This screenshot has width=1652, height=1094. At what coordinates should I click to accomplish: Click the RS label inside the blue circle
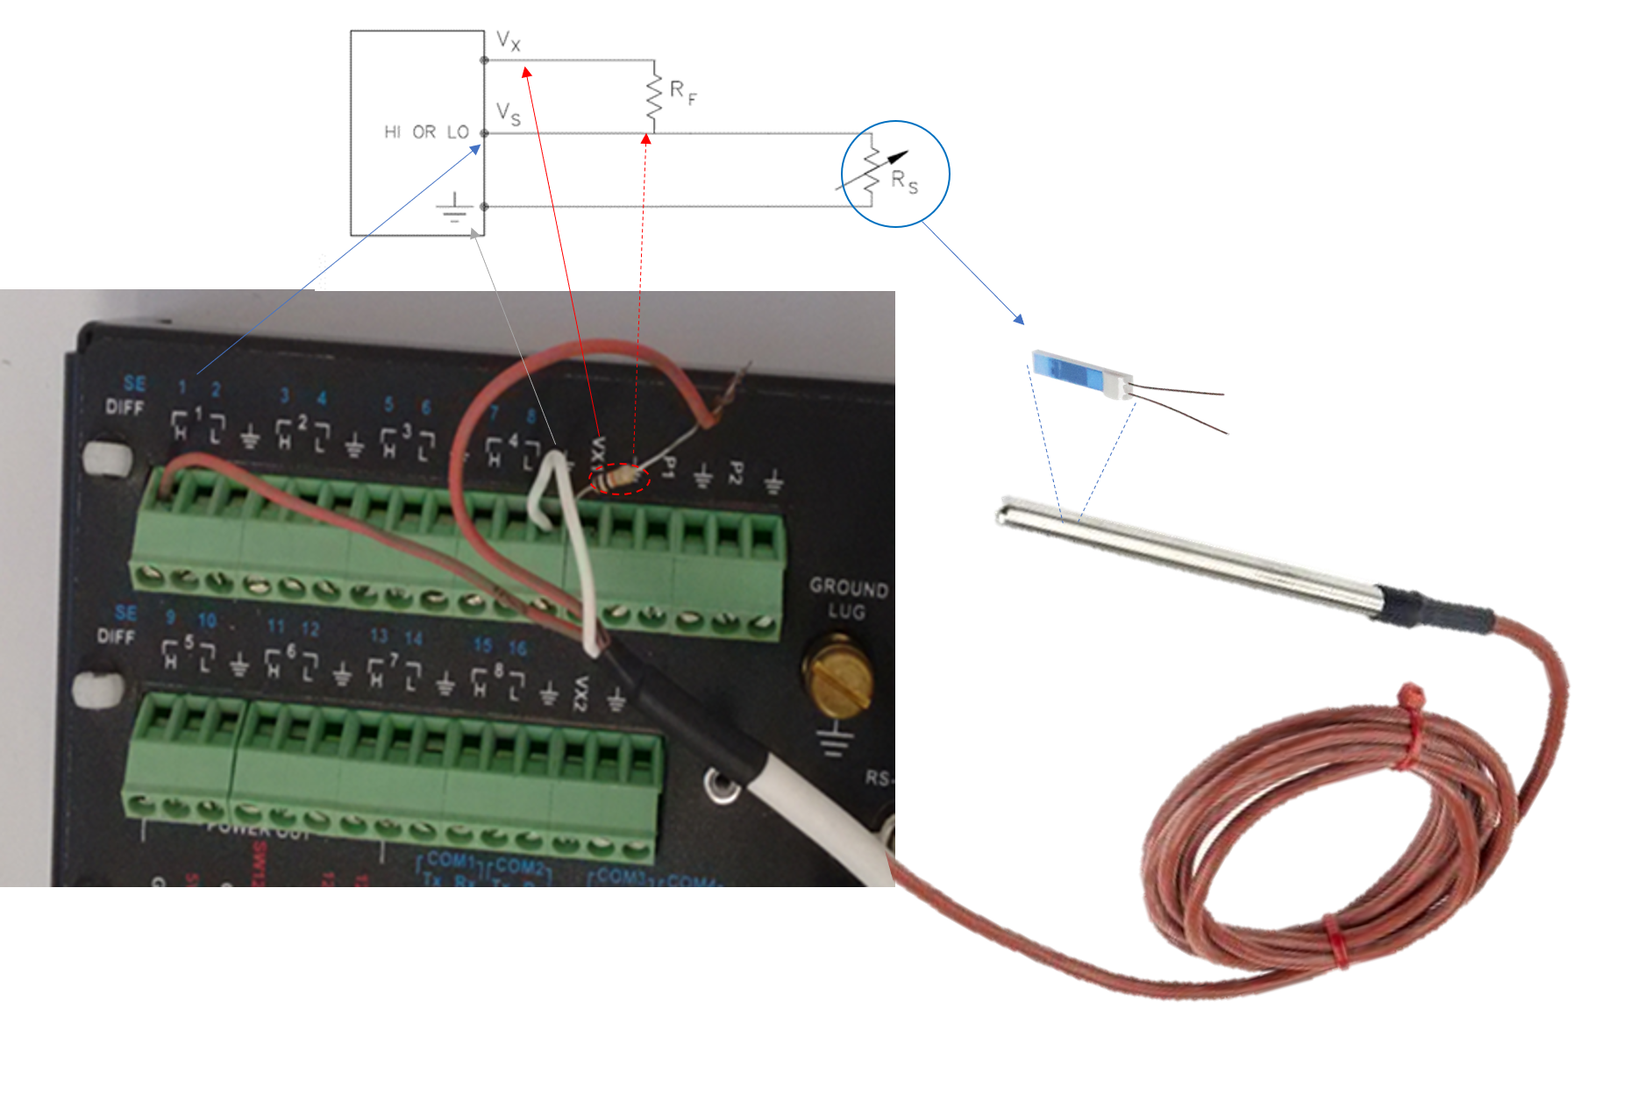click(x=904, y=181)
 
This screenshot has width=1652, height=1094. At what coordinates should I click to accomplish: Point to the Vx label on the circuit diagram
click(x=509, y=40)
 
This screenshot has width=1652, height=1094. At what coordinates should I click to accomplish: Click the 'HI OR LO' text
click(x=426, y=132)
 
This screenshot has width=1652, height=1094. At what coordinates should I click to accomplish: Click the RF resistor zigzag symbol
click(x=654, y=97)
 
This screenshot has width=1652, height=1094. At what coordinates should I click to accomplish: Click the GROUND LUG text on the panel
click(x=848, y=599)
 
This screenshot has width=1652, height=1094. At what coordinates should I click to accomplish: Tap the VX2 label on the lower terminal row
click(x=580, y=693)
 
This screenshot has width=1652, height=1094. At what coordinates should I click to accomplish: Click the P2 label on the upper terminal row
click(x=736, y=473)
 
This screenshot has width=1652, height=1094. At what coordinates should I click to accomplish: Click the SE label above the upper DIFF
click(x=134, y=383)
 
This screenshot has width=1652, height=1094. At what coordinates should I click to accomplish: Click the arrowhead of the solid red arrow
click(x=526, y=71)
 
